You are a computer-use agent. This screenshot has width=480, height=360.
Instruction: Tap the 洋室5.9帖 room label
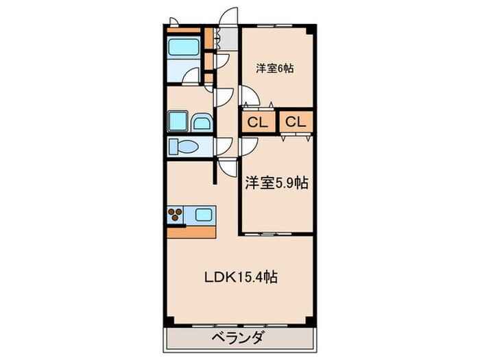point(276,183)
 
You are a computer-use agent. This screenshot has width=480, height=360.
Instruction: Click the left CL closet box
point(257,123)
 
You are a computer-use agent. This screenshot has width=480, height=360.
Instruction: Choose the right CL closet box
point(296,123)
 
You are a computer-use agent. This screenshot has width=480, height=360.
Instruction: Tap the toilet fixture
point(184,147)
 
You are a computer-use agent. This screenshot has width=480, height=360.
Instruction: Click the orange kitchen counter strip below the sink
point(192,231)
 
